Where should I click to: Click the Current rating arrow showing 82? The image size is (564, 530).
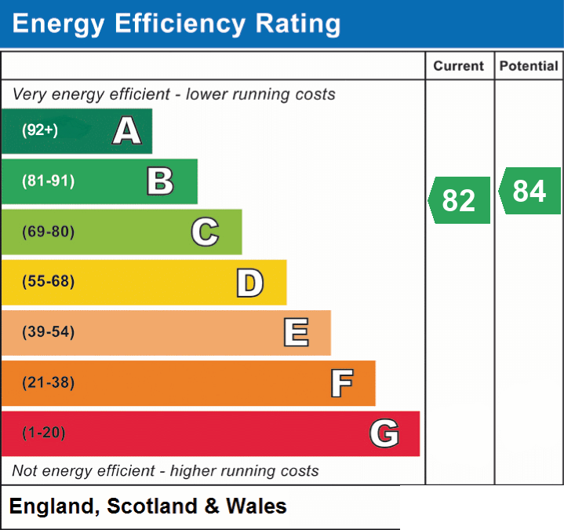tap(460, 200)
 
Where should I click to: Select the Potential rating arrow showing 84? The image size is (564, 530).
tap(529, 191)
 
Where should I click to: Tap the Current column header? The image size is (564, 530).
tap(459, 66)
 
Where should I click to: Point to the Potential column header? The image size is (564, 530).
tap(529, 66)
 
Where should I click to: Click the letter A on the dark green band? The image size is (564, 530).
tap(127, 130)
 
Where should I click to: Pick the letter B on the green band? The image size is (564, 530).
tap(161, 181)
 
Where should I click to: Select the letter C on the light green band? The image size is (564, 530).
tap(205, 232)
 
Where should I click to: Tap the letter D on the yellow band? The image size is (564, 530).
tap(250, 283)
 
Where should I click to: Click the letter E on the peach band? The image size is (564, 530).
tap(296, 332)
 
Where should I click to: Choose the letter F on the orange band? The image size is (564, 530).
tap(342, 383)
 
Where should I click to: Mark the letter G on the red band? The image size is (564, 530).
tap(384, 433)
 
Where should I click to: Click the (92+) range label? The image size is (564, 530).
tap(40, 130)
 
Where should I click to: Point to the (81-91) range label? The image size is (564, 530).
tap(48, 181)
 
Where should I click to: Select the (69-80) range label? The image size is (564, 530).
tap(48, 231)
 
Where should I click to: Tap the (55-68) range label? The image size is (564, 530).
tap(48, 281)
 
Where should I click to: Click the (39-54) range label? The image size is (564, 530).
tap(48, 331)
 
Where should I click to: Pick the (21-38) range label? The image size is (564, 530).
tap(48, 382)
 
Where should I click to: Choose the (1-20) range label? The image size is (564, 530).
tap(44, 433)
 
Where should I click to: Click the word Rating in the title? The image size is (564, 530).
tap(298, 24)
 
